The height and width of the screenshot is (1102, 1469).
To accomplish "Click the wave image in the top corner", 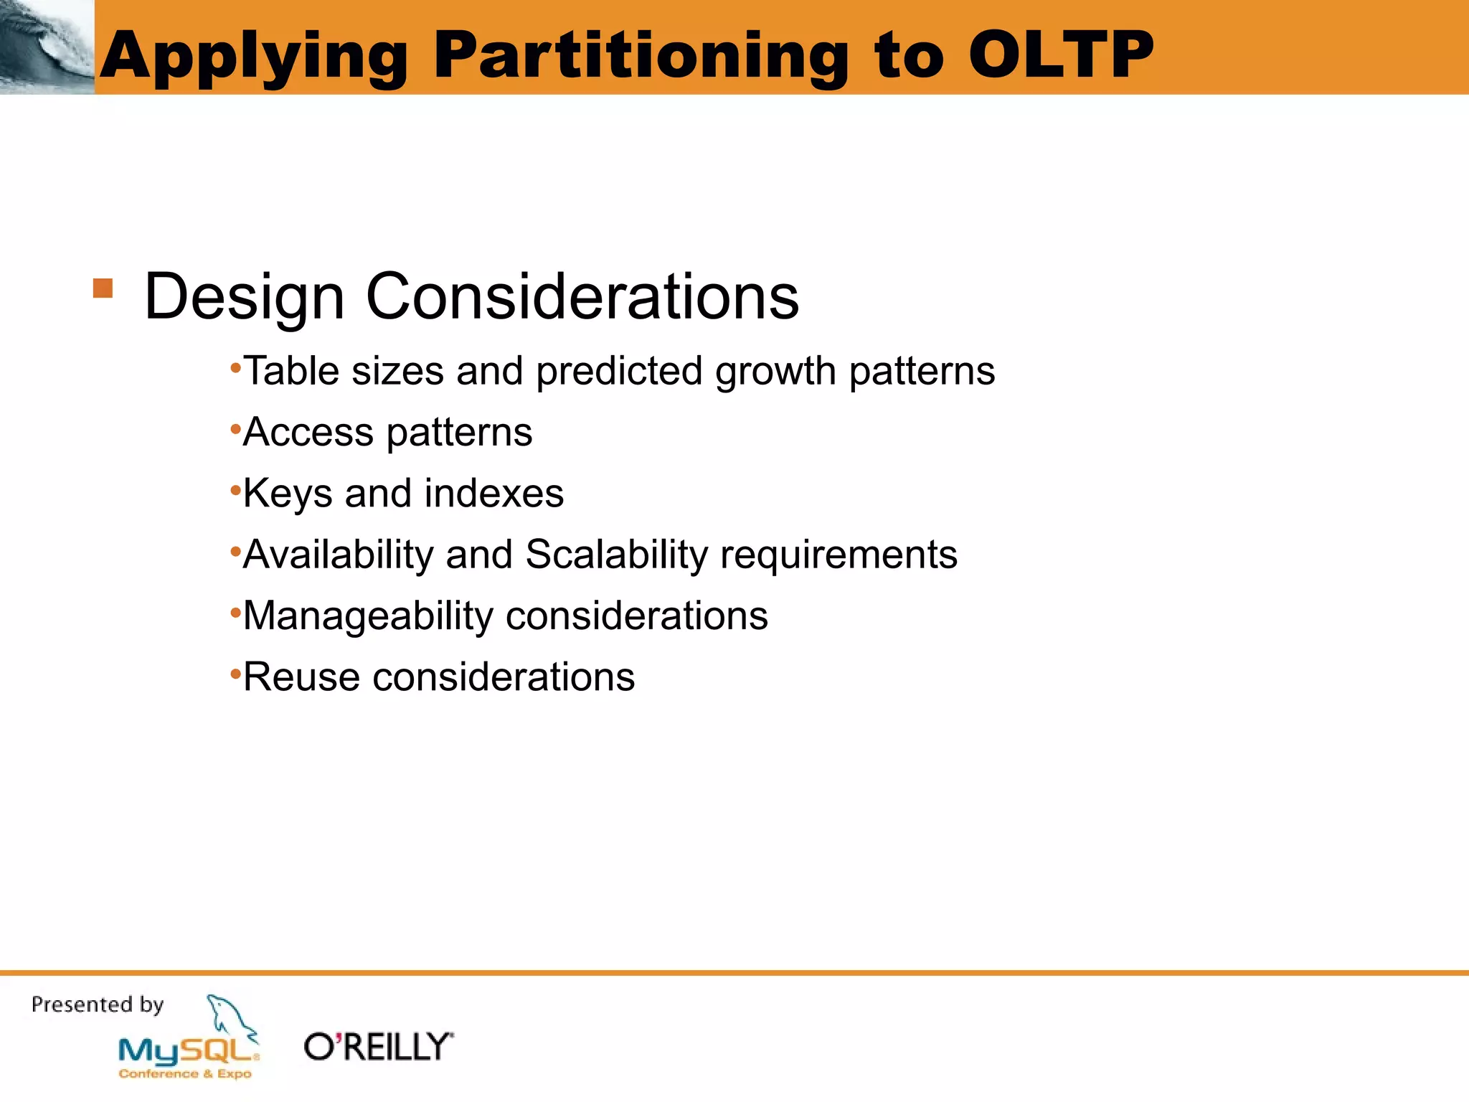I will tap(47, 47).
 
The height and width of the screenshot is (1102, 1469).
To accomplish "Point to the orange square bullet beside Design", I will tap(103, 288).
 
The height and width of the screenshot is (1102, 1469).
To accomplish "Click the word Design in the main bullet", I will tap(244, 296).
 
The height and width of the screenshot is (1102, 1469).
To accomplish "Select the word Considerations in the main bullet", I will tap(582, 296).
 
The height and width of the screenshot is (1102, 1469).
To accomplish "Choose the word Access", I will tap(308, 433).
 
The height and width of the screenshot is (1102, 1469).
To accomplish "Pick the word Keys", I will tap(288, 494).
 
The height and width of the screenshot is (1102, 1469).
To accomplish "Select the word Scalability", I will tap(616, 555).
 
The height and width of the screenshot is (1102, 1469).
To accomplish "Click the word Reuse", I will tap(301, 677).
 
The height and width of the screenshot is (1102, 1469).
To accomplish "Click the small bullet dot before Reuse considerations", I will tap(235, 674).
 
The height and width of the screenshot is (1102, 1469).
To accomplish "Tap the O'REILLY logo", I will tap(379, 1047).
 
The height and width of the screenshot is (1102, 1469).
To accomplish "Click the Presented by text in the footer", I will tap(98, 1004).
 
